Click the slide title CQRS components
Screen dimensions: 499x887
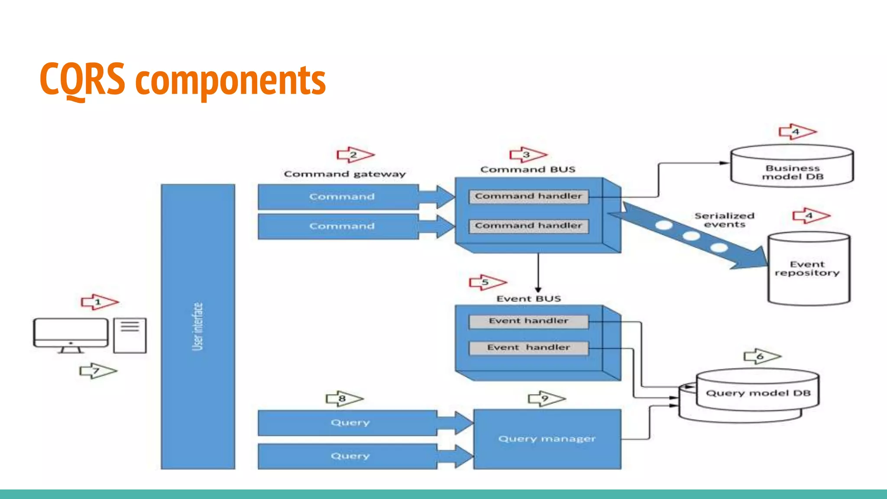[182, 80]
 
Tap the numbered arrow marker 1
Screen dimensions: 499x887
[99, 302]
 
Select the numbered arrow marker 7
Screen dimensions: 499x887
[98, 371]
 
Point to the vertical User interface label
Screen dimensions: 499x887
[197, 326]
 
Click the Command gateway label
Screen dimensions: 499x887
[345, 174]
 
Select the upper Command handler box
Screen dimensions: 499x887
[528, 196]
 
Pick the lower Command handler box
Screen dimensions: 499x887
[528, 226]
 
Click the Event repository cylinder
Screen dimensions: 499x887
[808, 269]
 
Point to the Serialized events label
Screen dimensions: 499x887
[724, 220]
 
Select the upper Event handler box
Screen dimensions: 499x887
[528, 321]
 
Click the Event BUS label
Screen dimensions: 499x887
[528, 298]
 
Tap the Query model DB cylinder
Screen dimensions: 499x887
[757, 393]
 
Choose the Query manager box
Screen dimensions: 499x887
[547, 439]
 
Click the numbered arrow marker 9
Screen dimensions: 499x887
[546, 399]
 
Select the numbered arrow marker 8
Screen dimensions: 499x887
[344, 399]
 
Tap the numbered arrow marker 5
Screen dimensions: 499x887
[487, 282]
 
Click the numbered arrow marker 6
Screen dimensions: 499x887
[761, 356]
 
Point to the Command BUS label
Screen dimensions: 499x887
[528, 169]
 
